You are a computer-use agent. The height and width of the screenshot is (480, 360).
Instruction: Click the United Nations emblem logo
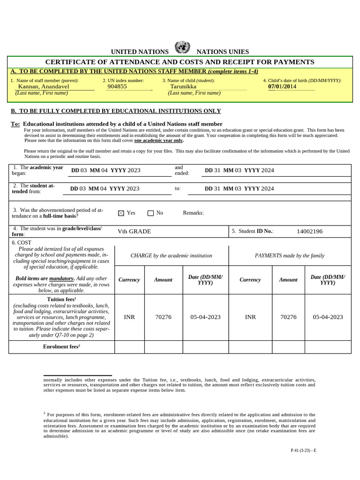(182, 47)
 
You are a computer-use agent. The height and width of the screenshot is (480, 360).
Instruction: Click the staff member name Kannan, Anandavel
(44, 87)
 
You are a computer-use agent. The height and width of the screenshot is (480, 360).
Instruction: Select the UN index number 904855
(117, 87)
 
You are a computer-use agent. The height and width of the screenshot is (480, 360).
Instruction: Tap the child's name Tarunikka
(183, 87)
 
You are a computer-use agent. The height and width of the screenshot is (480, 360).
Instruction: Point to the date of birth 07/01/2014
(282, 87)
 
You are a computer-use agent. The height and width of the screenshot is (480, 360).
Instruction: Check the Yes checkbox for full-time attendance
(121, 213)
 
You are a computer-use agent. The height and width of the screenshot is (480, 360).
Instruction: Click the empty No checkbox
(150, 213)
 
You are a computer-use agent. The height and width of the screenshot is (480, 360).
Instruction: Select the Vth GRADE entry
(134, 232)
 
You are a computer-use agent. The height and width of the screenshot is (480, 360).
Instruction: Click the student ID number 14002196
(309, 232)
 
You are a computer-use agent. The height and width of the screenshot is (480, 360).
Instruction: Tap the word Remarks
(193, 213)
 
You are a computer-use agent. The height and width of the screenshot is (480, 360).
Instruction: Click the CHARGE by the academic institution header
(171, 256)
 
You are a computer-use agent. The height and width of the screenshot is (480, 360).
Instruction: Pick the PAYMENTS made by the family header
(289, 256)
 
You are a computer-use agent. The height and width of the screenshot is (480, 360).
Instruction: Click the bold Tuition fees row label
(61, 299)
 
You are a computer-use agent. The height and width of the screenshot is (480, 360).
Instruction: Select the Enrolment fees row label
(61, 347)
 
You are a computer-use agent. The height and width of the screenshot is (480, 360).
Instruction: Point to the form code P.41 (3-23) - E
(303, 450)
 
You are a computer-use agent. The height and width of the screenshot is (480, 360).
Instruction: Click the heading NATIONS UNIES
(223, 52)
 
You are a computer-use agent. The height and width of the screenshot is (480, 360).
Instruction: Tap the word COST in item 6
(24, 243)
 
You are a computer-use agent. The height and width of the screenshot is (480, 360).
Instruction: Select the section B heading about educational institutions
(115, 111)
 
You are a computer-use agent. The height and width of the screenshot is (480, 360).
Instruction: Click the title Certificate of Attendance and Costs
(180, 62)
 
